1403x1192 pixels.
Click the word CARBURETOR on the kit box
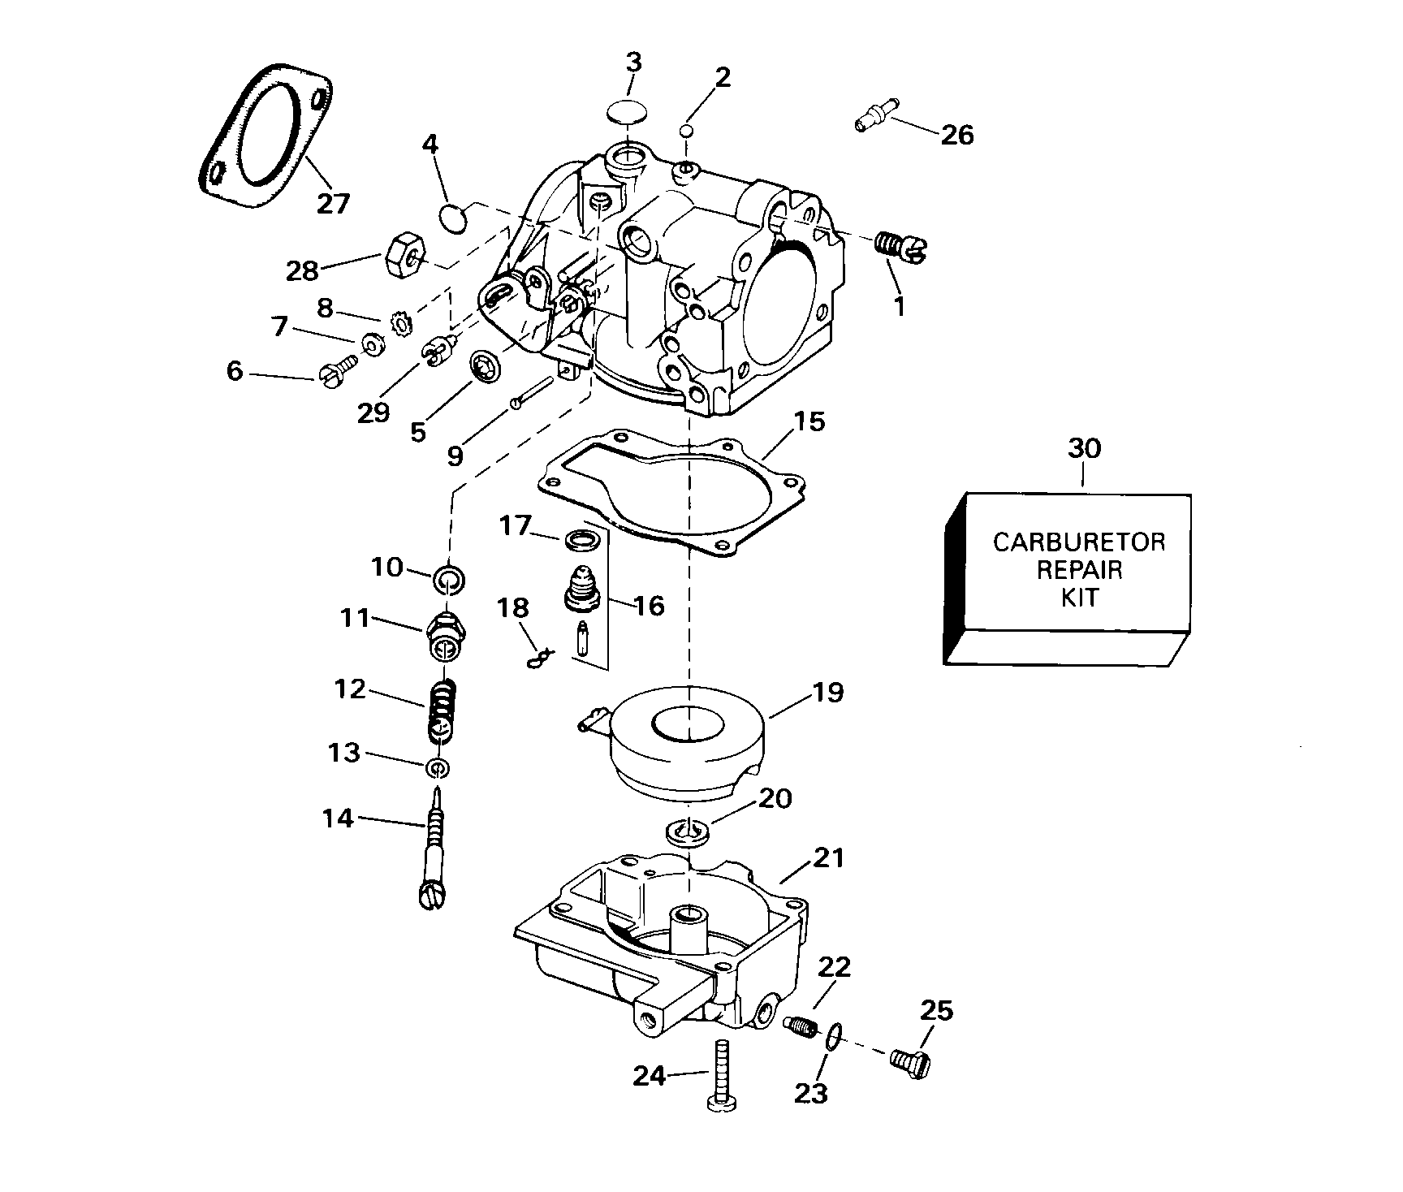coord(1078,542)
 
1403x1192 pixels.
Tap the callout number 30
coord(1085,448)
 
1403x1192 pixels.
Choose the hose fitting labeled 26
coord(877,123)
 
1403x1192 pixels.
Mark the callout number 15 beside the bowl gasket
coord(809,421)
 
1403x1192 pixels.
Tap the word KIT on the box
coord(1080,598)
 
